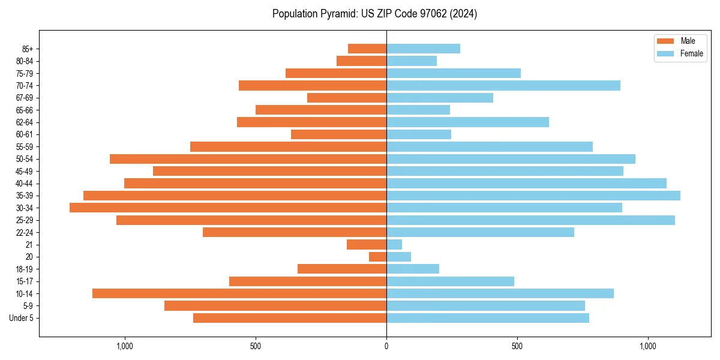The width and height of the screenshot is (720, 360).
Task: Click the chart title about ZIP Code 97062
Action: click(374, 14)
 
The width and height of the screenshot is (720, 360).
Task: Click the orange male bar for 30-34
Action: click(228, 208)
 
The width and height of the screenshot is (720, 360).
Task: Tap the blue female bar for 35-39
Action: click(533, 196)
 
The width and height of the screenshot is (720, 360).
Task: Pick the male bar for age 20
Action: click(377, 257)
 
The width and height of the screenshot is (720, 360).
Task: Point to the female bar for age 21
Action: click(394, 245)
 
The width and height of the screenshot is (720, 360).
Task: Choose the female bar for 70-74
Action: click(503, 86)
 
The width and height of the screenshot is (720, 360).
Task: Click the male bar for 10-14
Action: click(239, 293)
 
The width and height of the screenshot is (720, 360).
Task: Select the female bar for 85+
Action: click(423, 49)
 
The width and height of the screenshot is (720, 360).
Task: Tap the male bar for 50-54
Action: click(248, 159)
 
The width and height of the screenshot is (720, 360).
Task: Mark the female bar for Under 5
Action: click(487, 318)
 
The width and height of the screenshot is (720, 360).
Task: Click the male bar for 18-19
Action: click(342, 269)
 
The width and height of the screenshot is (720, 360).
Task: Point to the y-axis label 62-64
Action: click(25, 122)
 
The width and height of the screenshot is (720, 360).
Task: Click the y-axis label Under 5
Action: click(22, 318)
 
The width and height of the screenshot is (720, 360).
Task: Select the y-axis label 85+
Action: click(28, 49)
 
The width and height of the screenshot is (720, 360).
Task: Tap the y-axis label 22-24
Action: click(25, 232)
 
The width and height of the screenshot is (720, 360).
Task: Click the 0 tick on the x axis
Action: click(386, 346)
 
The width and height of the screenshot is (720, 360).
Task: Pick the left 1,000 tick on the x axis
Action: click(125, 346)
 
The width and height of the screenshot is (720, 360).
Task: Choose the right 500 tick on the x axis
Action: click(517, 346)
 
